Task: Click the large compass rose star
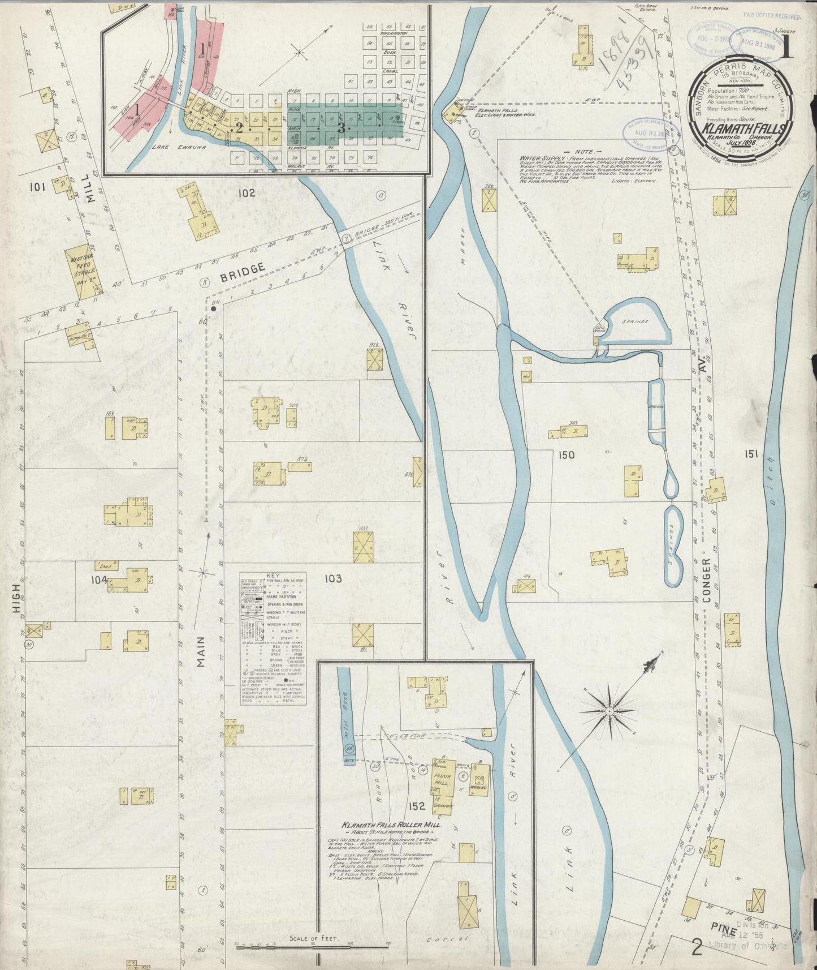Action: coord(609,710)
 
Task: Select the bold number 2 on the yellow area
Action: coord(239,127)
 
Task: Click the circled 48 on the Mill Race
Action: coord(348,749)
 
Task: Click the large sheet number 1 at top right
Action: coord(786,49)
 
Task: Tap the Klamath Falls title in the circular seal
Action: coord(743,128)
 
